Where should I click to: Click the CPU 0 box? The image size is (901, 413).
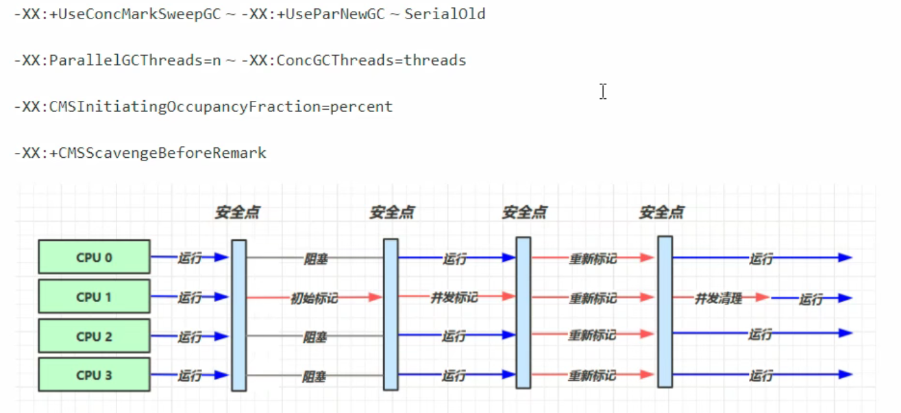click(x=94, y=257)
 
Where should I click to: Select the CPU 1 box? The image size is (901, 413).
click(x=94, y=297)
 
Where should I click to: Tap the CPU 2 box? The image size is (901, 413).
click(x=94, y=336)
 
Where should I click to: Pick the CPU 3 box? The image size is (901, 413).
click(x=94, y=375)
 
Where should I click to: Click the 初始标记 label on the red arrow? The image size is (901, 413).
click(x=314, y=298)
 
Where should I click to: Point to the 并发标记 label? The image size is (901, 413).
click(x=454, y=298)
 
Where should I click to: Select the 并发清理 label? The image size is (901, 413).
click(x=718, y=298)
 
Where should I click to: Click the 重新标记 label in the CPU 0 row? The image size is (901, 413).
click(x=593, y=259)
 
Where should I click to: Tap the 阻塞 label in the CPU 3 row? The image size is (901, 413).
click(x=315, y=377)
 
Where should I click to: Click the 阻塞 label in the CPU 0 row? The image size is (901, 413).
click(x=316, y=259)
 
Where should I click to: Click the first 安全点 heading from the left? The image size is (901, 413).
click(x=237, y=213)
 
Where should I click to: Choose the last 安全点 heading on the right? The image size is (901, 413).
click(x=661, y=213)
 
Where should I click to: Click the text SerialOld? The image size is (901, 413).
click(x=445, y=14)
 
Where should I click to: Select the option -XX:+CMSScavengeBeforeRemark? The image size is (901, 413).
click(x=140, y=153)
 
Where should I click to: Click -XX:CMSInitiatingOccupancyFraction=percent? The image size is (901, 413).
click(x=203, y=107)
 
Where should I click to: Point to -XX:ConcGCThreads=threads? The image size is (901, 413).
click(x=354, y=60)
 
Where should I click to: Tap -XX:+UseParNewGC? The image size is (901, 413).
click(x=313, y=14)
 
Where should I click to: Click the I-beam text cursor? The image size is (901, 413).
click(x=603, y=91)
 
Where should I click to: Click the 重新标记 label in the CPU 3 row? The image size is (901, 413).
click(x=593, y=377)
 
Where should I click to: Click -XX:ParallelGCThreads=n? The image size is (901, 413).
click(x=117, y=60)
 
